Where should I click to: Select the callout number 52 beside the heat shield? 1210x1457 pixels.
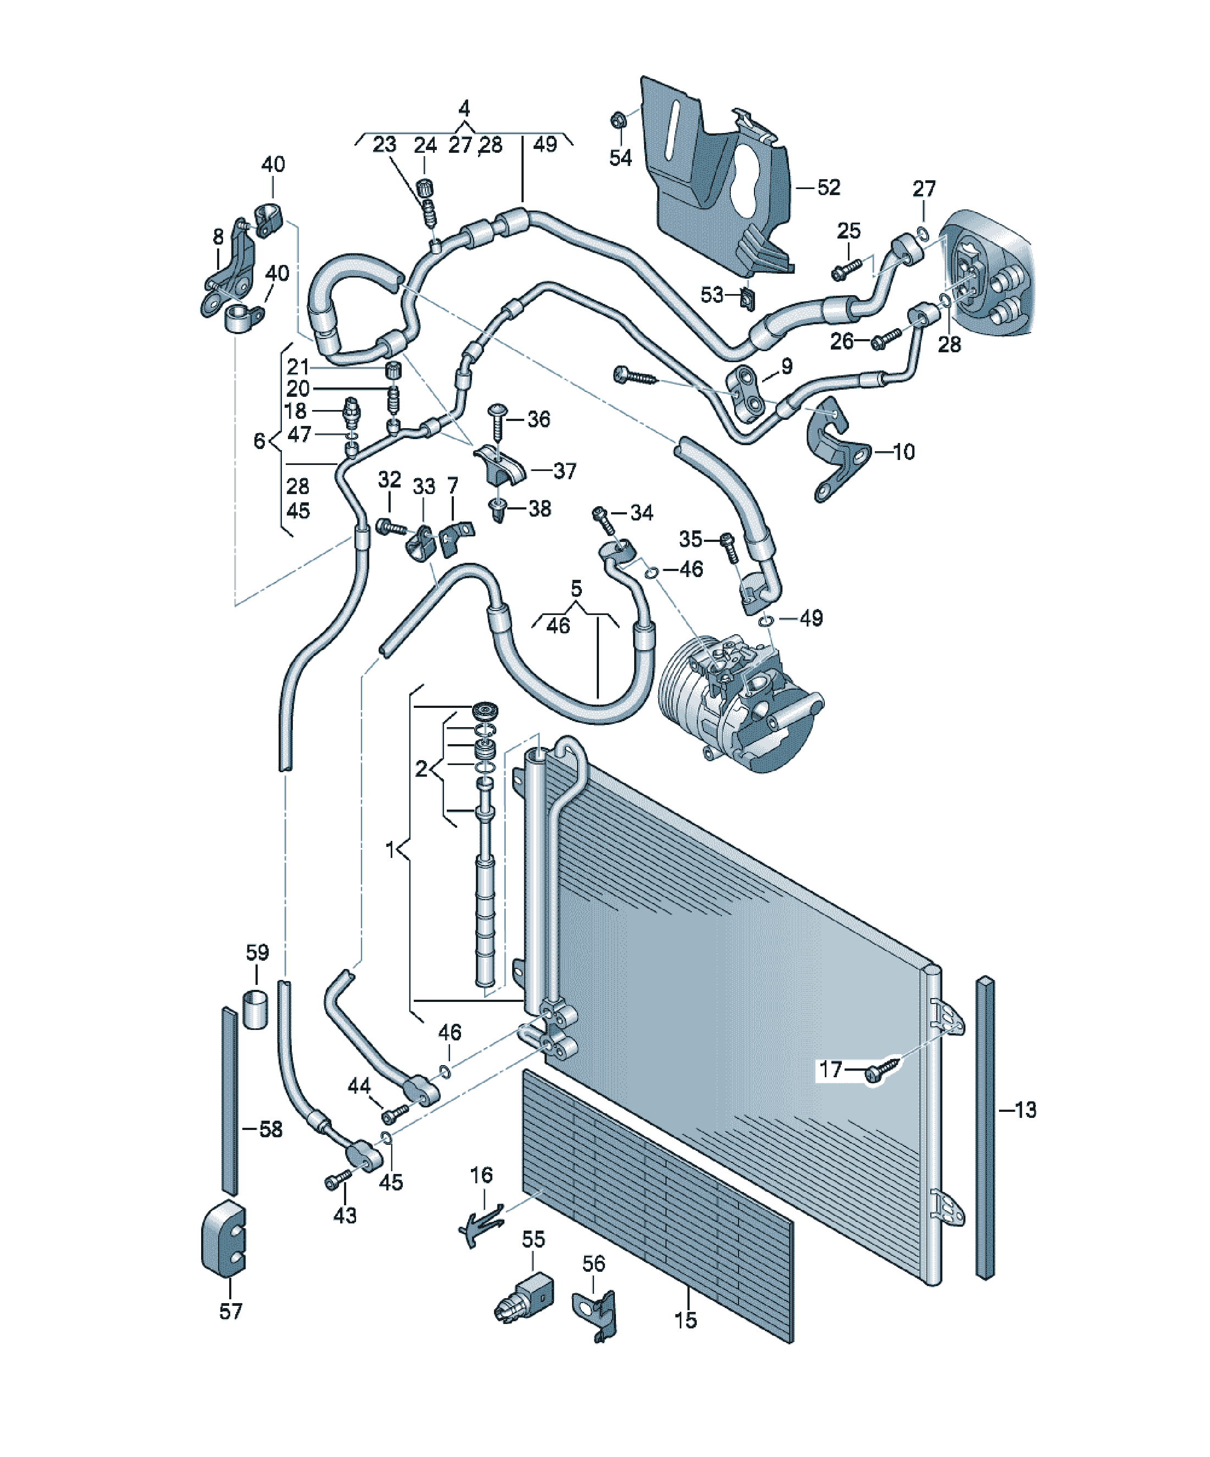[x=829, y=187]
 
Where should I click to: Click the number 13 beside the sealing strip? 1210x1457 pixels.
[x=1025, y=1110]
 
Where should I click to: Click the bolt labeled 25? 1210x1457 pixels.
[x=846, y=269]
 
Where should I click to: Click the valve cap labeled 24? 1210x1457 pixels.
[x=424, y=187]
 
